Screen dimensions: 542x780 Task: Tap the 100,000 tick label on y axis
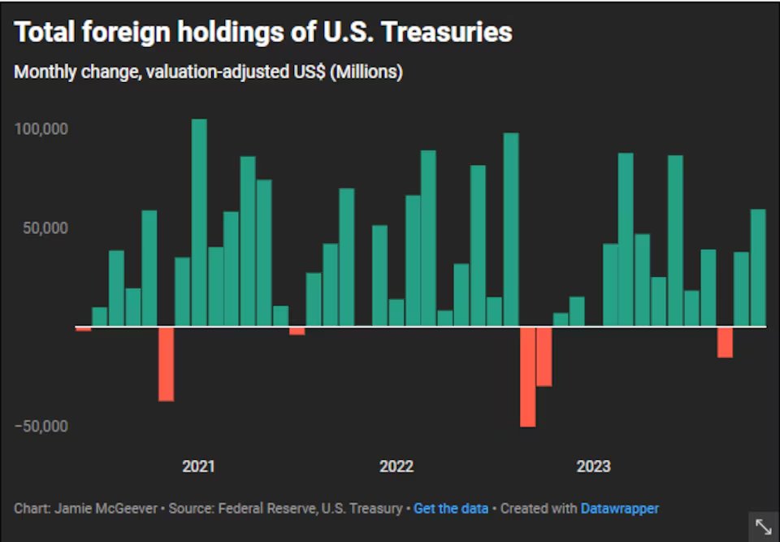pyautogui.click(x=41, y=129)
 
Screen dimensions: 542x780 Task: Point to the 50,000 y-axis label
pyautogui.click(x=45, y=228)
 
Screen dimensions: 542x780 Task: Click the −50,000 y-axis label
pyautogui.click(x=41, y=426)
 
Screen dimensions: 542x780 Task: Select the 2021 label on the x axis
pyautogui.click(x=198, y=466)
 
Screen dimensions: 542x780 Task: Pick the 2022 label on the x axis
pyautogui.click(x=396, y=466)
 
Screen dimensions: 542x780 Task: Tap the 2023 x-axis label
pyautogui.click(x=593, y=466)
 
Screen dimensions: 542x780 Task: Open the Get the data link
pyautogui.click(x=451, y=508)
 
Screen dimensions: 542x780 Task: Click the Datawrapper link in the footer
pyautogui.click(x=619, y=508)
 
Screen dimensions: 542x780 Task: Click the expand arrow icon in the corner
pyautogui.click(x=764, y=526)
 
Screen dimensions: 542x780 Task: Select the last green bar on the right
pyautogui.click(x=758, y=267)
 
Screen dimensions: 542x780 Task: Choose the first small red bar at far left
pyautogui.click(x=84, y=328)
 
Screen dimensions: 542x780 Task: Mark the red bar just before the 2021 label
pyautogui.click(x=166, y=363)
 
